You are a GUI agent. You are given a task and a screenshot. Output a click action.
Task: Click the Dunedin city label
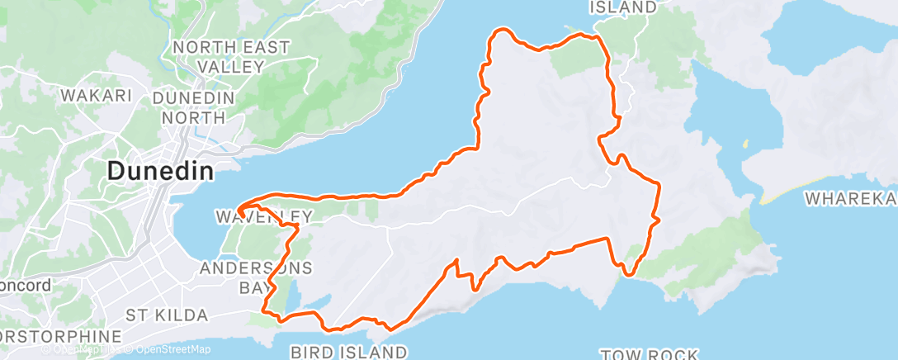tap(160, 172)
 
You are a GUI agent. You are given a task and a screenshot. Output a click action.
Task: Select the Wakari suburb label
tap(97, 96)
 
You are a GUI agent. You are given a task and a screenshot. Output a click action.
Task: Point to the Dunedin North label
tap(193, 107)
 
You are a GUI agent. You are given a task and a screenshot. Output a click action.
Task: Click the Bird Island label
tap(347, 353)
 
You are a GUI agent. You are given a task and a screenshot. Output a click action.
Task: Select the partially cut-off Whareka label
tap(851, 199)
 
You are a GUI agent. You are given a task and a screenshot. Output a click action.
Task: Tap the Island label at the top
tap(623, 7)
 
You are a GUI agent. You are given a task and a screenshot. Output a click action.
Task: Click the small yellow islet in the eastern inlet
tap(746, 144)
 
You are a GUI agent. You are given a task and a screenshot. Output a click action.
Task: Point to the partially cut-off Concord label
tap(25, 286)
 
